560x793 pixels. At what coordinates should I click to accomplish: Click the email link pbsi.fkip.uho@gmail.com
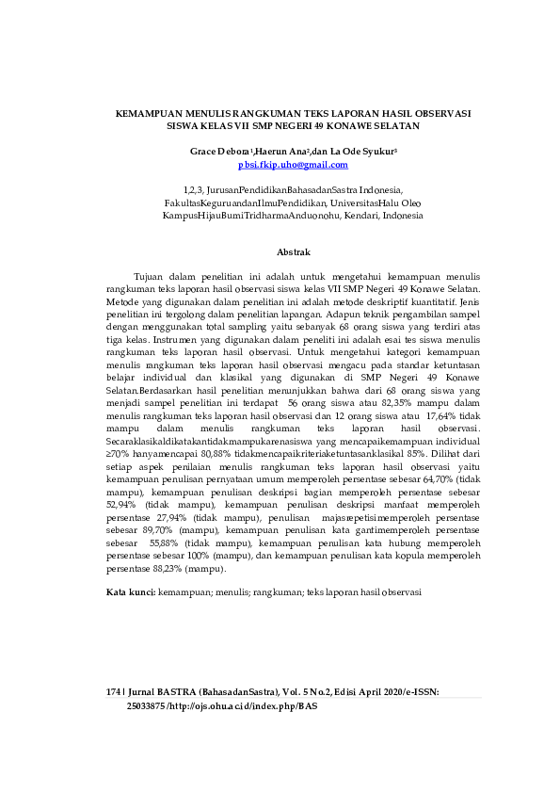tap(293, 165)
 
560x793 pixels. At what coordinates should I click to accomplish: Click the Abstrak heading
tap(293, 252)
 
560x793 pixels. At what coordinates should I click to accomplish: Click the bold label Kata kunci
tap(130, 592)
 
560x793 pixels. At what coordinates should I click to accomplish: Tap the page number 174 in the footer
tap(115, 692)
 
